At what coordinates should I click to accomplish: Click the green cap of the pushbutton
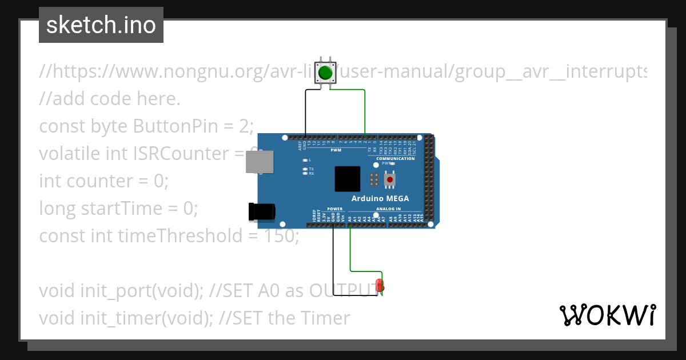[325, 73]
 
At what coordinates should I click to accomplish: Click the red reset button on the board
[390, 179]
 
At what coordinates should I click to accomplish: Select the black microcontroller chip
[348, 179]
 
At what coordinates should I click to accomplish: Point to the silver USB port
[259, 163]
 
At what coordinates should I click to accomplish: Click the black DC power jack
[261, 211]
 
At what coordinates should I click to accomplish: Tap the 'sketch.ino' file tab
[101, 25]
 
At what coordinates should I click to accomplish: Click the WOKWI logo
[607, 315]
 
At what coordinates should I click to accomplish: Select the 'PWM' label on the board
[336, 150]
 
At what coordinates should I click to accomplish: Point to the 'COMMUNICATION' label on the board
[396, 158]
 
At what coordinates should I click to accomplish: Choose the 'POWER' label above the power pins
[334, 209]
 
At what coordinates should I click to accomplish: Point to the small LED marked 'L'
[305, 160]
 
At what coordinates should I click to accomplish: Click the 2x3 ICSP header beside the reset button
[374, 179]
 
